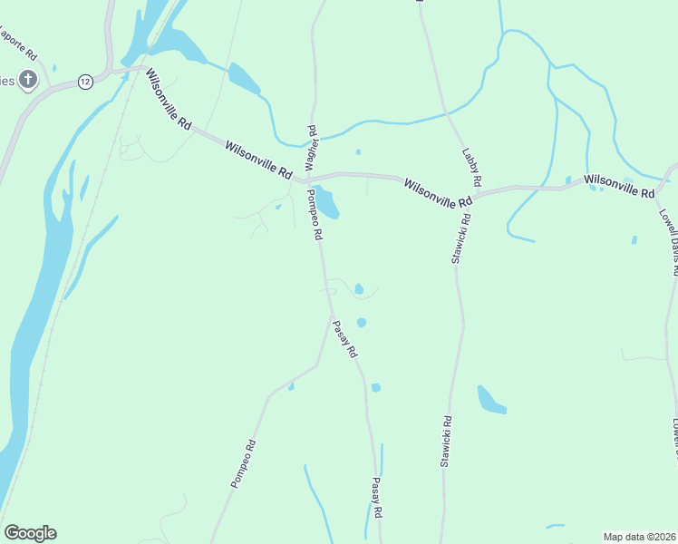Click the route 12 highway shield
click(84, 81)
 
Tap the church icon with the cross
click(27, 80)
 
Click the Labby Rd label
click(470, 163)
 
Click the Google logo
click(30, 533)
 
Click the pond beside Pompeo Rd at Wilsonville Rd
click(325, 202)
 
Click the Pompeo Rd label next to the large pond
click(315, 215)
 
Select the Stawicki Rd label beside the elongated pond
click(446, 442)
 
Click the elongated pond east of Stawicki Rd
click(490, 400)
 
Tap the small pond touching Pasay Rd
click(375, 387)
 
